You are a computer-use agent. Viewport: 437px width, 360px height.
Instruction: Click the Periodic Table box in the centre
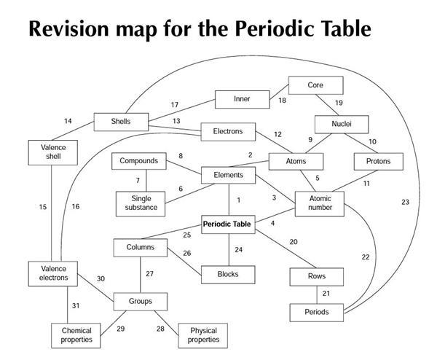point(227,224)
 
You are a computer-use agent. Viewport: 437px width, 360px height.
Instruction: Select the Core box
point(315,85)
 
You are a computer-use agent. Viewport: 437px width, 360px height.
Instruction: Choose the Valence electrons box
point(53,273)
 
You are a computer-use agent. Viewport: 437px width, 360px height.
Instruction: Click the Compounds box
point(138,160)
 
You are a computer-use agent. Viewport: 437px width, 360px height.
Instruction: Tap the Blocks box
point(228,274)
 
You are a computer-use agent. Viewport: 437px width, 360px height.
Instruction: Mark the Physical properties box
point(203,335)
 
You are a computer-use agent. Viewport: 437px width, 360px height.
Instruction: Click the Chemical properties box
point(82,336)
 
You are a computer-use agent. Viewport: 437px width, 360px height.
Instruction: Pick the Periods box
point(316,312)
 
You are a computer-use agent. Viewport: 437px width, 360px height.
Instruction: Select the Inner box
point(241,99)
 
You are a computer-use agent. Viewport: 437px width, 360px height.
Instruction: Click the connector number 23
point(405,202)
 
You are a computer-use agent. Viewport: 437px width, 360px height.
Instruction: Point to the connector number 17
point(174,105)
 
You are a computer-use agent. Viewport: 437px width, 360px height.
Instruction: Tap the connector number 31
point(75,305)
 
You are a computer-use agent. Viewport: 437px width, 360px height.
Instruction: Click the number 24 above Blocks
point(238,249)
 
